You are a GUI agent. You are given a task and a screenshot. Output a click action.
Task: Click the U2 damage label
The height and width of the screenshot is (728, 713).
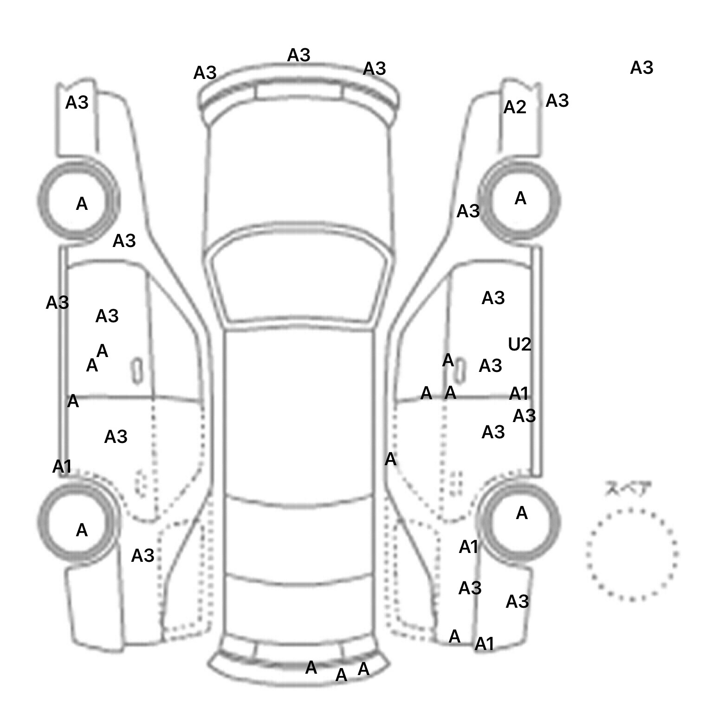coord(519,344)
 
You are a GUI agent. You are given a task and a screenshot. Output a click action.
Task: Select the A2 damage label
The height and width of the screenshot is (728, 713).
coord(515,107)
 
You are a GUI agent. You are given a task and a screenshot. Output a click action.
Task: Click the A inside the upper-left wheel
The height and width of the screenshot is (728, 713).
coord(82,204)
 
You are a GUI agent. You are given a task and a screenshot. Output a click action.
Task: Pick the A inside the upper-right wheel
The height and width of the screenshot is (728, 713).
coord(520,199)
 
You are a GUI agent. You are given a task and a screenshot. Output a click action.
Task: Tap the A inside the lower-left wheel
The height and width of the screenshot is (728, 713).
coord(82,530)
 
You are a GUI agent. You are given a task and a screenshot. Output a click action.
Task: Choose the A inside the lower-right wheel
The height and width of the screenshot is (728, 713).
coord(522,513)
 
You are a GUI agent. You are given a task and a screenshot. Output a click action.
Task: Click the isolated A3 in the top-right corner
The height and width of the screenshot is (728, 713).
coord(642,68)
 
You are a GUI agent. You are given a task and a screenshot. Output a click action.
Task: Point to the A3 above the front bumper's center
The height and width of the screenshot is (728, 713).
coord(298,56)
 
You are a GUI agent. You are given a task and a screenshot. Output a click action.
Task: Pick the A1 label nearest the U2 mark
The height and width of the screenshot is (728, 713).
coord(519,394)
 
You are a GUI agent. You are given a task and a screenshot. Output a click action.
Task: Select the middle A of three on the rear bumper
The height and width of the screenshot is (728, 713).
coord(341,675)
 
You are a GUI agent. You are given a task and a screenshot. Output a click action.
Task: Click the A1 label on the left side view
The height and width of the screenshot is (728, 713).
coord(62,466)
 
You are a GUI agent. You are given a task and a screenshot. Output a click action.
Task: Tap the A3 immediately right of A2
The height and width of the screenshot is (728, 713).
coord(557,101)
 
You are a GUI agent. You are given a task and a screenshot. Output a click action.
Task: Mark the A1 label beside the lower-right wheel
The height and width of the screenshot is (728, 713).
coord(468,547)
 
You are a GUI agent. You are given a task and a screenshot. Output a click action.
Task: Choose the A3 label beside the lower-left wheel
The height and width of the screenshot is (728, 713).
coord(143,555)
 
